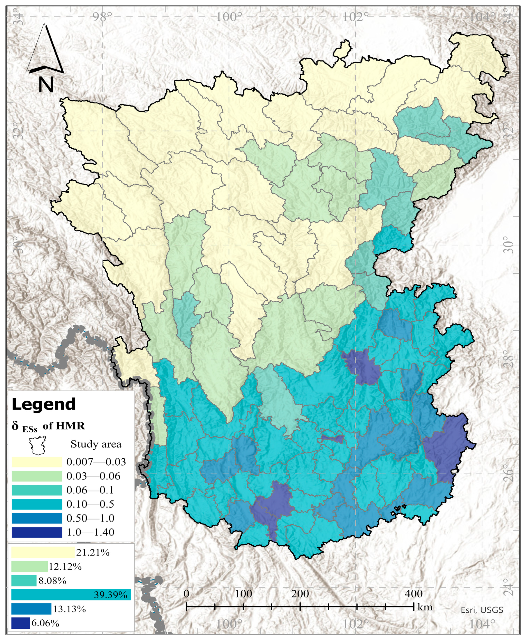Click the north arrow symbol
[45, 50]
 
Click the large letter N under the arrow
[46, 84]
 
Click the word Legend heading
[44, 404]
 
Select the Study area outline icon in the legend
[37, 446]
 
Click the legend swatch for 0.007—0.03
[37, 462]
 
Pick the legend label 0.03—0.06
[93, 476]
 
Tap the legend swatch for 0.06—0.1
[37, 490]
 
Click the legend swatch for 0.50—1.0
[37, 518]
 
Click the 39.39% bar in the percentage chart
[71, 594]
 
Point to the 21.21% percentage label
[93, 552]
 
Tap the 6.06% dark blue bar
[21, 623]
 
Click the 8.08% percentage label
[52, 581]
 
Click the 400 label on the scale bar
[413, 594]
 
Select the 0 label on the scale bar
[186, 594]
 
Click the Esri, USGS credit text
[482, 610]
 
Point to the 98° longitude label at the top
[102, 17]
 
